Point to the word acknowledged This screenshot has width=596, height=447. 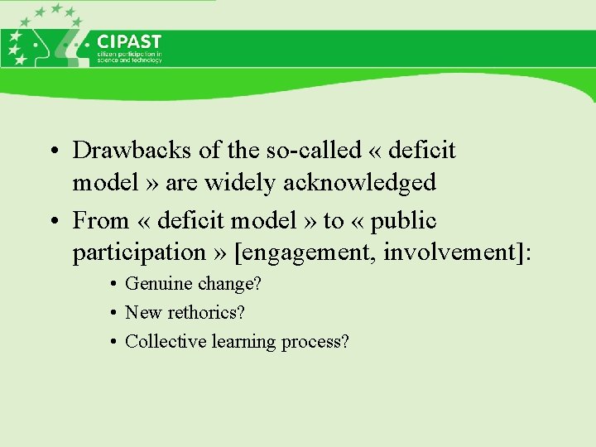click(359, 181)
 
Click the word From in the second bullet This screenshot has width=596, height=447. click(101, 221)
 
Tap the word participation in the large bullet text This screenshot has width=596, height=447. click(137, 252)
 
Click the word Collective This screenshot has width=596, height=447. click(165, 341)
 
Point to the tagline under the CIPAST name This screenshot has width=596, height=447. click(129, 58)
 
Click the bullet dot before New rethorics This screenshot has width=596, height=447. click(111, 314)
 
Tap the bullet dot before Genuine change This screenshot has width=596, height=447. click(111, 285)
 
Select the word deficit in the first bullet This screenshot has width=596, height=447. click(422, 150)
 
